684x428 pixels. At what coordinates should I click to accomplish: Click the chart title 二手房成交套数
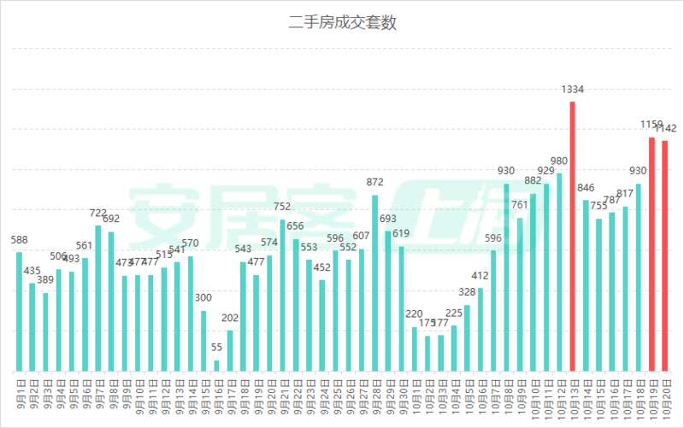point(342,23)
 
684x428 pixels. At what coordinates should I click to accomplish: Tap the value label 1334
point(572,89)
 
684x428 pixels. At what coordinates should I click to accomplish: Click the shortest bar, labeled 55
point(216,366)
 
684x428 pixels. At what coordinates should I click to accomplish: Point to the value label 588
point(19,240)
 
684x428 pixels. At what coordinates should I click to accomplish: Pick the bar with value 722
point(98,299)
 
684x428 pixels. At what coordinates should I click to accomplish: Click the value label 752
point(282,207)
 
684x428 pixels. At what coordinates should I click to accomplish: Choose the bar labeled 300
point(203,341)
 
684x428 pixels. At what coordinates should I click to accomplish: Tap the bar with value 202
point(230,350)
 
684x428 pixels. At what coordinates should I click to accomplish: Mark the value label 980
point(559,161)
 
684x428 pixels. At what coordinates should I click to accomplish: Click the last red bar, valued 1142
point(664,256)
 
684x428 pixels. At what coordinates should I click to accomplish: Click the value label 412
point(480,276)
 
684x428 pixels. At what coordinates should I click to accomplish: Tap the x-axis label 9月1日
point(19,396)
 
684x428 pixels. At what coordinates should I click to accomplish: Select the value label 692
point(111,219)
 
